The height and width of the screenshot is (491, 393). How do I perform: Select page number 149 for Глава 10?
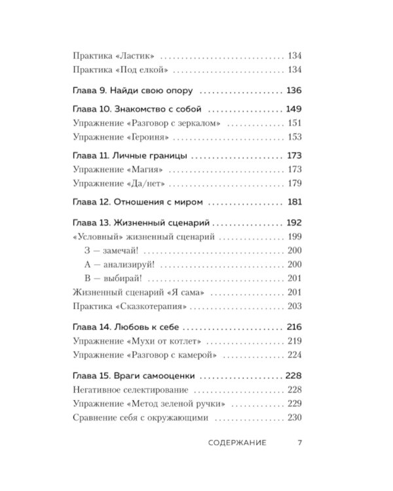tap(293, 109)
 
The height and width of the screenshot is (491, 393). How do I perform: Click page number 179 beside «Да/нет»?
tap(294, 183)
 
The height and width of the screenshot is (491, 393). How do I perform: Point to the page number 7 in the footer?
tap(299, 444)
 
